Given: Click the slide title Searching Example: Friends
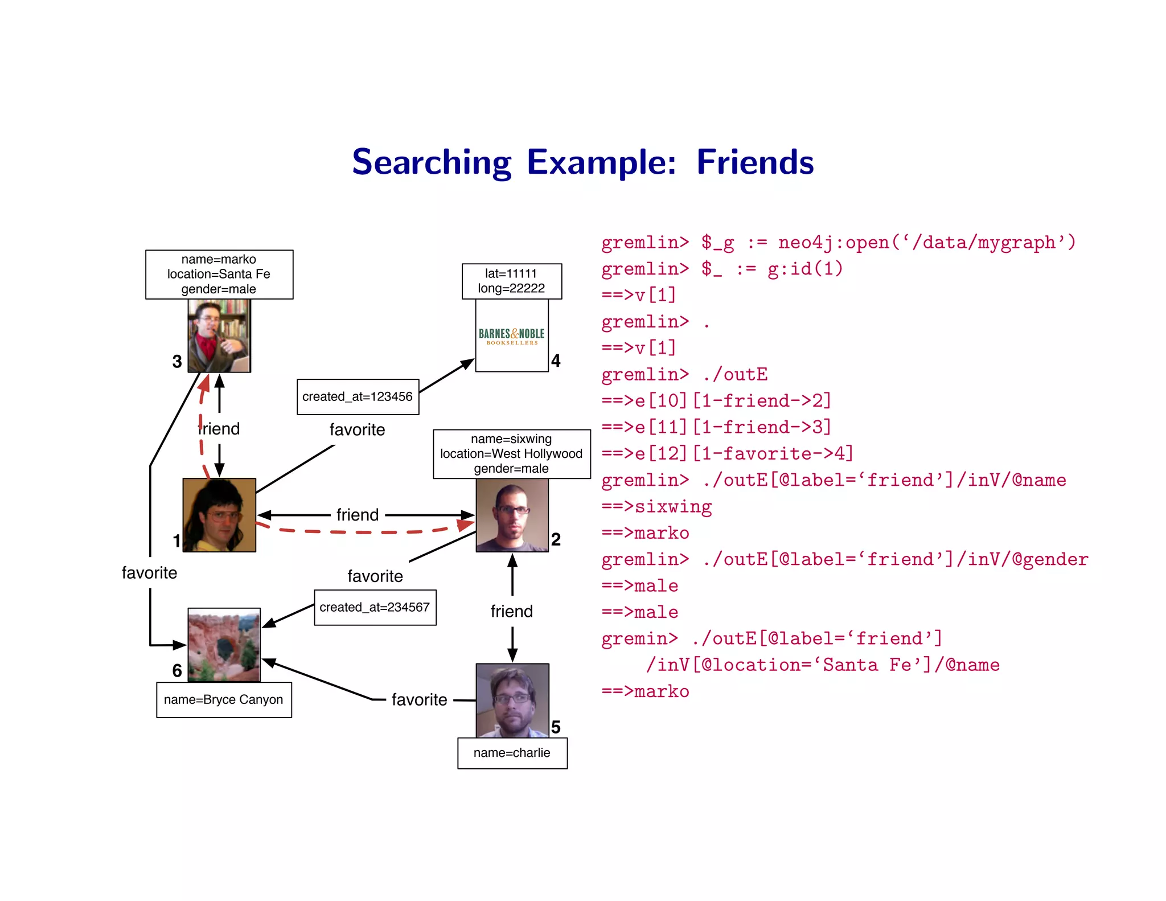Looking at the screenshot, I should click(582, 162).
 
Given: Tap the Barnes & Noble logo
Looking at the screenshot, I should click(511, 336).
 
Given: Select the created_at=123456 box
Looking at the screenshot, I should click(358, 397).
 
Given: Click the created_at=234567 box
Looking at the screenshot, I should click(375, 608).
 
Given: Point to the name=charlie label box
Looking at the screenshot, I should click(512, 753).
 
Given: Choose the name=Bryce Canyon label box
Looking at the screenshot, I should click(224, 700).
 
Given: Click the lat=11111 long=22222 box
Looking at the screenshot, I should click(511, 281).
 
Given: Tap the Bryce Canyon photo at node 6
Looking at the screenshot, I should click(224, 645).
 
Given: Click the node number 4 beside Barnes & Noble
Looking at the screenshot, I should click(556, 361).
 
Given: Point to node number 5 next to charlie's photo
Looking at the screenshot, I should click(556, 727).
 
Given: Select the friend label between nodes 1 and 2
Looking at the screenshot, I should click(358, 515).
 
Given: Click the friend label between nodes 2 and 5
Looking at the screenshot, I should click(512, 612).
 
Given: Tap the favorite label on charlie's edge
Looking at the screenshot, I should click(420, 700).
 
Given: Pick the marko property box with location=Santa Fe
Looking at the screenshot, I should click(219, 275).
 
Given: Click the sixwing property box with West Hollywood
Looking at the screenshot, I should click(511, 454).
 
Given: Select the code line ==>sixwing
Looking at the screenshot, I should click(656, 507).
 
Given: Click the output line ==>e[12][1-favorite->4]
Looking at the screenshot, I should click(727, 454).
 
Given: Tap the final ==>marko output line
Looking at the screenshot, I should click(645, 691).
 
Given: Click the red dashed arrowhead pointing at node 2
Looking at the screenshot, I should click(466, 524).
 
